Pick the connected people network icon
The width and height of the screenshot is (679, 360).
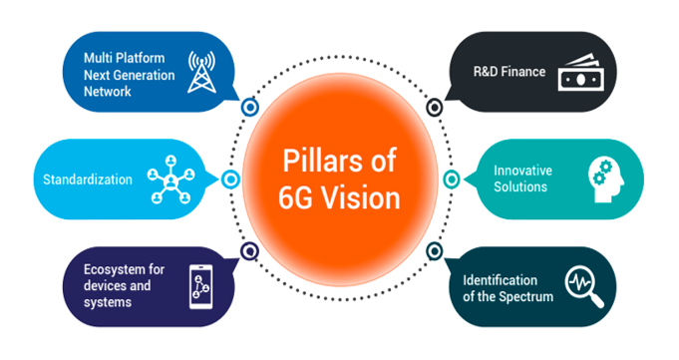170,180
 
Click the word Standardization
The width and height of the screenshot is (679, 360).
88,180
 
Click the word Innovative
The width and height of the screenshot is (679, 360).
522,171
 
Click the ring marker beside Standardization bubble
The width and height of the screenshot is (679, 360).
230,180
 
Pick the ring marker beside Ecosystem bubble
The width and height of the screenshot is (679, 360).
250,251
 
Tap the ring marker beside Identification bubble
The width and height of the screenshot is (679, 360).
433,251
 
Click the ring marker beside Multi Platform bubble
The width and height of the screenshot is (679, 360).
250,106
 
